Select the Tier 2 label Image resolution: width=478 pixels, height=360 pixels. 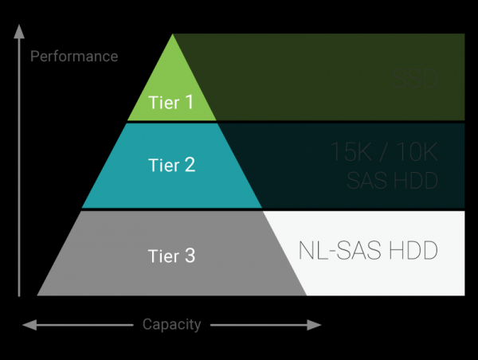point(172,166)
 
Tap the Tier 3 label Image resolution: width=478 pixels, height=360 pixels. point(172,256)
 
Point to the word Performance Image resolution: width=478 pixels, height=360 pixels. point(74,57)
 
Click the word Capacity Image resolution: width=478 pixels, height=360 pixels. point(171,324)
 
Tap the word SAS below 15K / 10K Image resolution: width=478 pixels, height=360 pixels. point(369,182)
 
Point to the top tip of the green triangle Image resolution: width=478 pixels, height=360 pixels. point(173,36)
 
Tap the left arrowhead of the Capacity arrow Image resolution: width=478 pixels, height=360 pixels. point(26,325)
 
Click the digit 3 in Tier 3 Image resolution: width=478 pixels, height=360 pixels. point(190,256)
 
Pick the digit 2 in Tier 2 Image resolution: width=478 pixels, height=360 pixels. point(190,166)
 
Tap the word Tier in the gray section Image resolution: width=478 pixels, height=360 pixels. point(164,256)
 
